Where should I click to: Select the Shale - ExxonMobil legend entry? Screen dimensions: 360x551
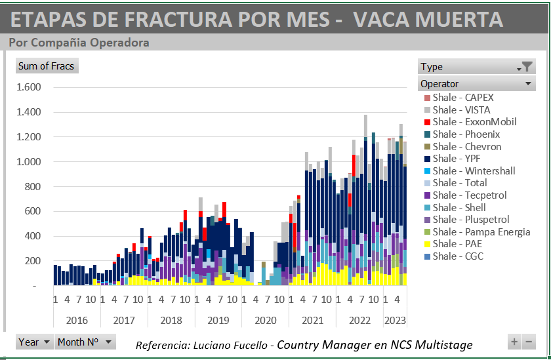point(474,122)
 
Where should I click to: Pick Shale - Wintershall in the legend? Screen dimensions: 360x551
point(474,171)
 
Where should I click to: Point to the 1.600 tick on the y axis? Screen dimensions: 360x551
point(28,87)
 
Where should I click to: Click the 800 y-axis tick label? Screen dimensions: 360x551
point(32,187)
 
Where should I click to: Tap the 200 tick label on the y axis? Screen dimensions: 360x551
point(32,261)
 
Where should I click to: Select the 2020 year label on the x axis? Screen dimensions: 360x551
point(265,321)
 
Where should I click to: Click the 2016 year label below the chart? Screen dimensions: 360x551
point(77,321)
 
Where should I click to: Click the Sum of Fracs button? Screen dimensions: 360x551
point(46,66)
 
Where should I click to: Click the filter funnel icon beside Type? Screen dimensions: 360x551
point(526,66)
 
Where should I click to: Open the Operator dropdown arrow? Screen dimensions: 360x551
point(528,84)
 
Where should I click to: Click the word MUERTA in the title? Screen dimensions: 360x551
point(459,18)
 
